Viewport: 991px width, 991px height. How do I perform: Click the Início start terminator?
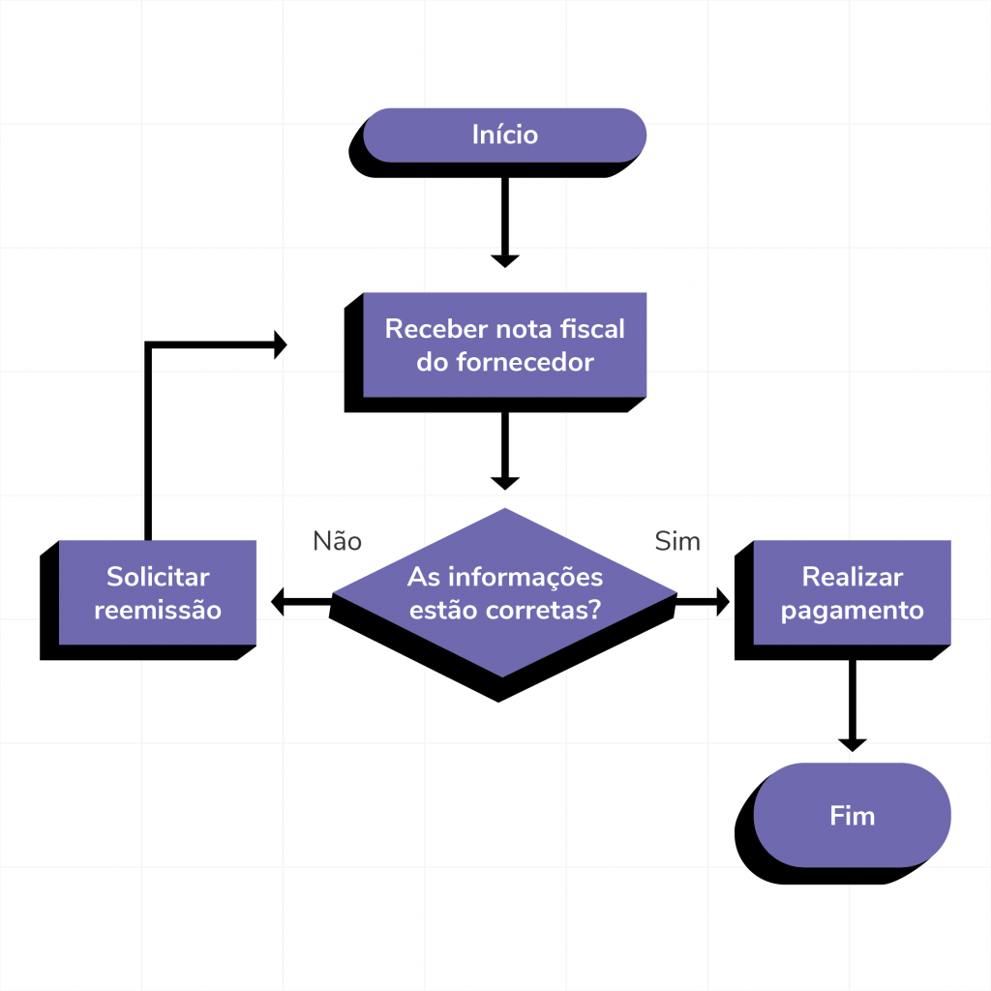point(504,135)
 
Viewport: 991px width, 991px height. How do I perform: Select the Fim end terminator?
point(852,816)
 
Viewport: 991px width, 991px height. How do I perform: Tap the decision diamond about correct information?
point(504,593)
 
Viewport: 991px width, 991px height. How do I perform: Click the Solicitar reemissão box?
point(157,593)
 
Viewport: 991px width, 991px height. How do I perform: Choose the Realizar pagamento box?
point(852,593)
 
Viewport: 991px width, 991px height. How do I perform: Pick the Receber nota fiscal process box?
point(504,345)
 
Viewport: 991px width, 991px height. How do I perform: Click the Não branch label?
point(337,541)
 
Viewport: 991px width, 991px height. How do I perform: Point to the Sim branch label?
point(677,541)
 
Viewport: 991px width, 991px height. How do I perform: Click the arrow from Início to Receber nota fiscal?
point(504,221)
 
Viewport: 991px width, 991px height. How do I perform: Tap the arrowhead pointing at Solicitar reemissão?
point(281,602)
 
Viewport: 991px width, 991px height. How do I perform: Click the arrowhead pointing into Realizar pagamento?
point(720,602)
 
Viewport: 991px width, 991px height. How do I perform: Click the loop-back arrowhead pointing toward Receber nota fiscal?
point(280,345)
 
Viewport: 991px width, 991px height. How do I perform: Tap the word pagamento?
point(852,611)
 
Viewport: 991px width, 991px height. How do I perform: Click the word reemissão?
point(157,611)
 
